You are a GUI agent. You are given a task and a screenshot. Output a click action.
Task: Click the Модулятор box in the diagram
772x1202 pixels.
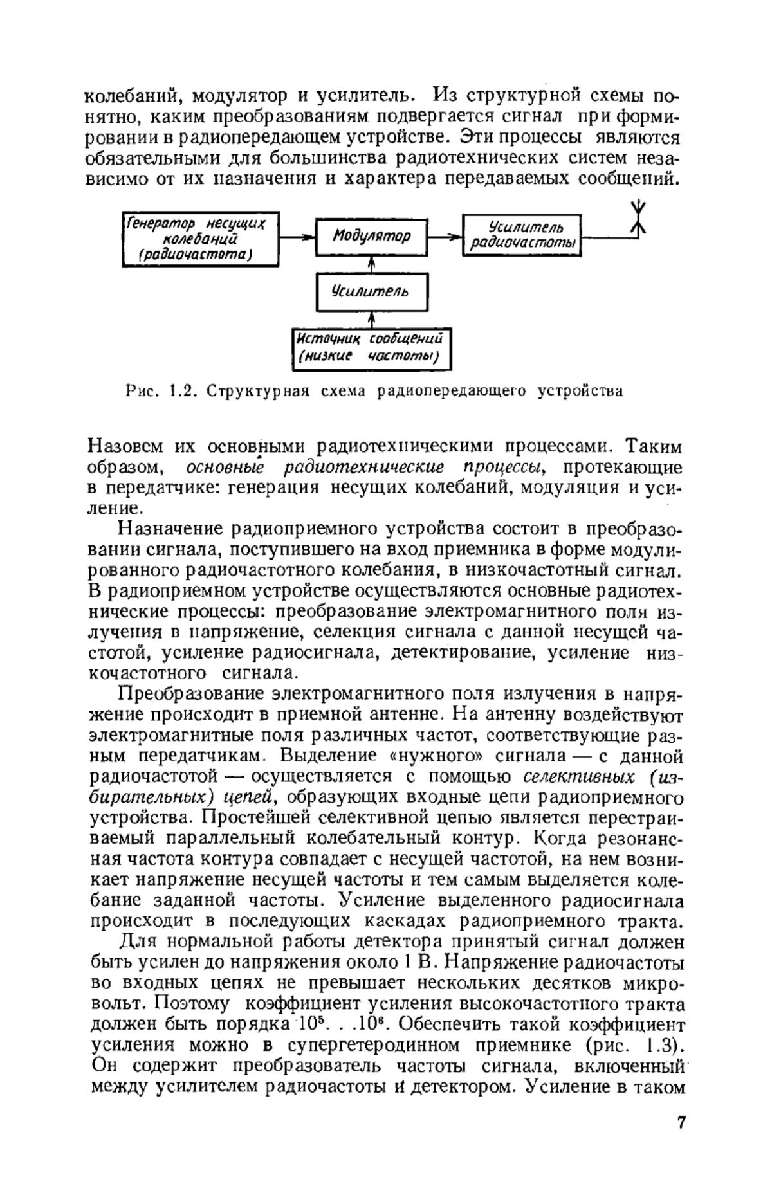tap(371, 237)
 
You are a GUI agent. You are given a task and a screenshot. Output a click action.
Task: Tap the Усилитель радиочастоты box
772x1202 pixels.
tap(522, 236)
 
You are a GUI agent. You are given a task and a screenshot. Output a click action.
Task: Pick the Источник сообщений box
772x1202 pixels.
tap(371, 349)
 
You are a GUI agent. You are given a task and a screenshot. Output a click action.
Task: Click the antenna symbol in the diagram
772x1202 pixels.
tap(637, 220)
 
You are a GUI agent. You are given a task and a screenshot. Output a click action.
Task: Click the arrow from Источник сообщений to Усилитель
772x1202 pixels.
tap(371, 320)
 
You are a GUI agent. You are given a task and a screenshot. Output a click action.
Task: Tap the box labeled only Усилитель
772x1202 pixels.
tap(371, 291)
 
